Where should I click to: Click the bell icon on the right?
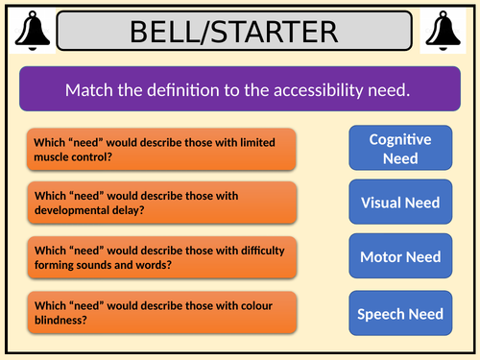click(x=448, y=31)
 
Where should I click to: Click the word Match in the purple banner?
click(x=87, y=90)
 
